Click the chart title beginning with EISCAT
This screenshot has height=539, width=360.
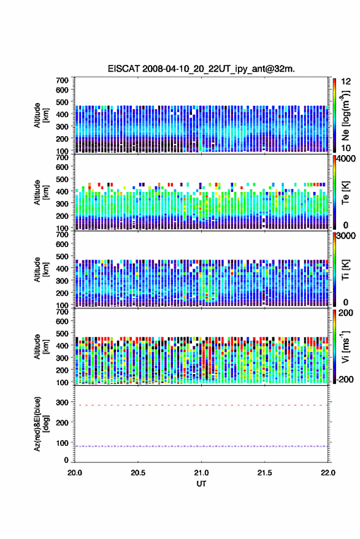(x=201, y=69)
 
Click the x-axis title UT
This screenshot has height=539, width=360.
(x=201, y=484)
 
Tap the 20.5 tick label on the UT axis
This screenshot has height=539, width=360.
(x=138, y=473)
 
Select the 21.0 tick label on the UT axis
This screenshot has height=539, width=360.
(x=201, y=473)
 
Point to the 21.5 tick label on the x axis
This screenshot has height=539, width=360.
(x=264, y=473)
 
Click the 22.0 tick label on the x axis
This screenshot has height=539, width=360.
(x=327, y=473)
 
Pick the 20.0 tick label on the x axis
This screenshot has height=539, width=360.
(x=75, y=473)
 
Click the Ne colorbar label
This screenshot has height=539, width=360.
(x=345, y=115)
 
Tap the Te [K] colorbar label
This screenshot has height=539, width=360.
(x=345, y=193)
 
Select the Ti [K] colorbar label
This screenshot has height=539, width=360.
(x=345, y=270)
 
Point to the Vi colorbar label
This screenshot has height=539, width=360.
(x=345, y=346)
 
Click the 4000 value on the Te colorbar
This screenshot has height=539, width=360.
(x=346, y=159)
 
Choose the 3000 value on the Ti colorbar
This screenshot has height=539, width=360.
(x=346, y=236)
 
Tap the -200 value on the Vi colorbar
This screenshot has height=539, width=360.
(x=344, y=380)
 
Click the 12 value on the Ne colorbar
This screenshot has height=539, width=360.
(x=346, y=82)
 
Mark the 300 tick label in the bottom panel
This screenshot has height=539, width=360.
(x=62, y=402)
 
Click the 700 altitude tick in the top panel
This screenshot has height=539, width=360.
(x=62, y=80)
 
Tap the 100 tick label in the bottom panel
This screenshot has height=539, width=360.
(x=62, y=443)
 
